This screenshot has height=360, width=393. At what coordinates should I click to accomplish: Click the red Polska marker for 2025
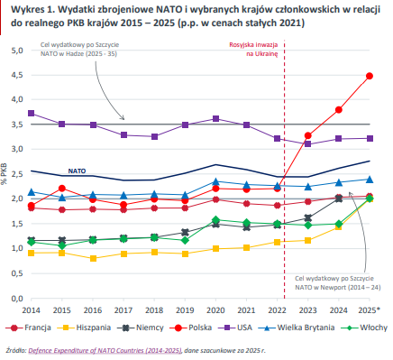click(370, 76)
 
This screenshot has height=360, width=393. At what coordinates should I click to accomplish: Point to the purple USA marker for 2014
click(32, 114)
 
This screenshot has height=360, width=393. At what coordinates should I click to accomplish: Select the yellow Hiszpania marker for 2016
click(94, 258)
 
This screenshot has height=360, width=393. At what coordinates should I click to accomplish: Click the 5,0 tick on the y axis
click(15, 51)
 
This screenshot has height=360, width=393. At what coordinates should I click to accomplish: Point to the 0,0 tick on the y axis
click(15, 297)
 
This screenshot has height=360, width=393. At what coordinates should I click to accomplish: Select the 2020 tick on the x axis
click(215, 309)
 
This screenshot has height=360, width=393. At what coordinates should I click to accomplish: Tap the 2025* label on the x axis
click(370, 309)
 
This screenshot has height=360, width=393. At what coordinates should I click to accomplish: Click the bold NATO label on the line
click(77, 169)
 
